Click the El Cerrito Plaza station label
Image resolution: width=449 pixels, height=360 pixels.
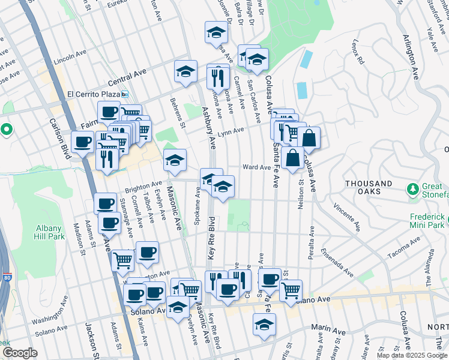click(94, 94)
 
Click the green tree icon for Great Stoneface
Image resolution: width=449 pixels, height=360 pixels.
click(413, 190)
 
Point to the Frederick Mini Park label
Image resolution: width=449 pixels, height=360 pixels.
click(427, 220)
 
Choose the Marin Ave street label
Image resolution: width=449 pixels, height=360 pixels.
click(328, 331)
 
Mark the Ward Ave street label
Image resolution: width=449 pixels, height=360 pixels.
click(256, 167)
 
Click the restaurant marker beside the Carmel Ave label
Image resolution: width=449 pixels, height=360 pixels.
click(218, 77)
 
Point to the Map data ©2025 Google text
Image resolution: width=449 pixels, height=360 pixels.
click(411, 355)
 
